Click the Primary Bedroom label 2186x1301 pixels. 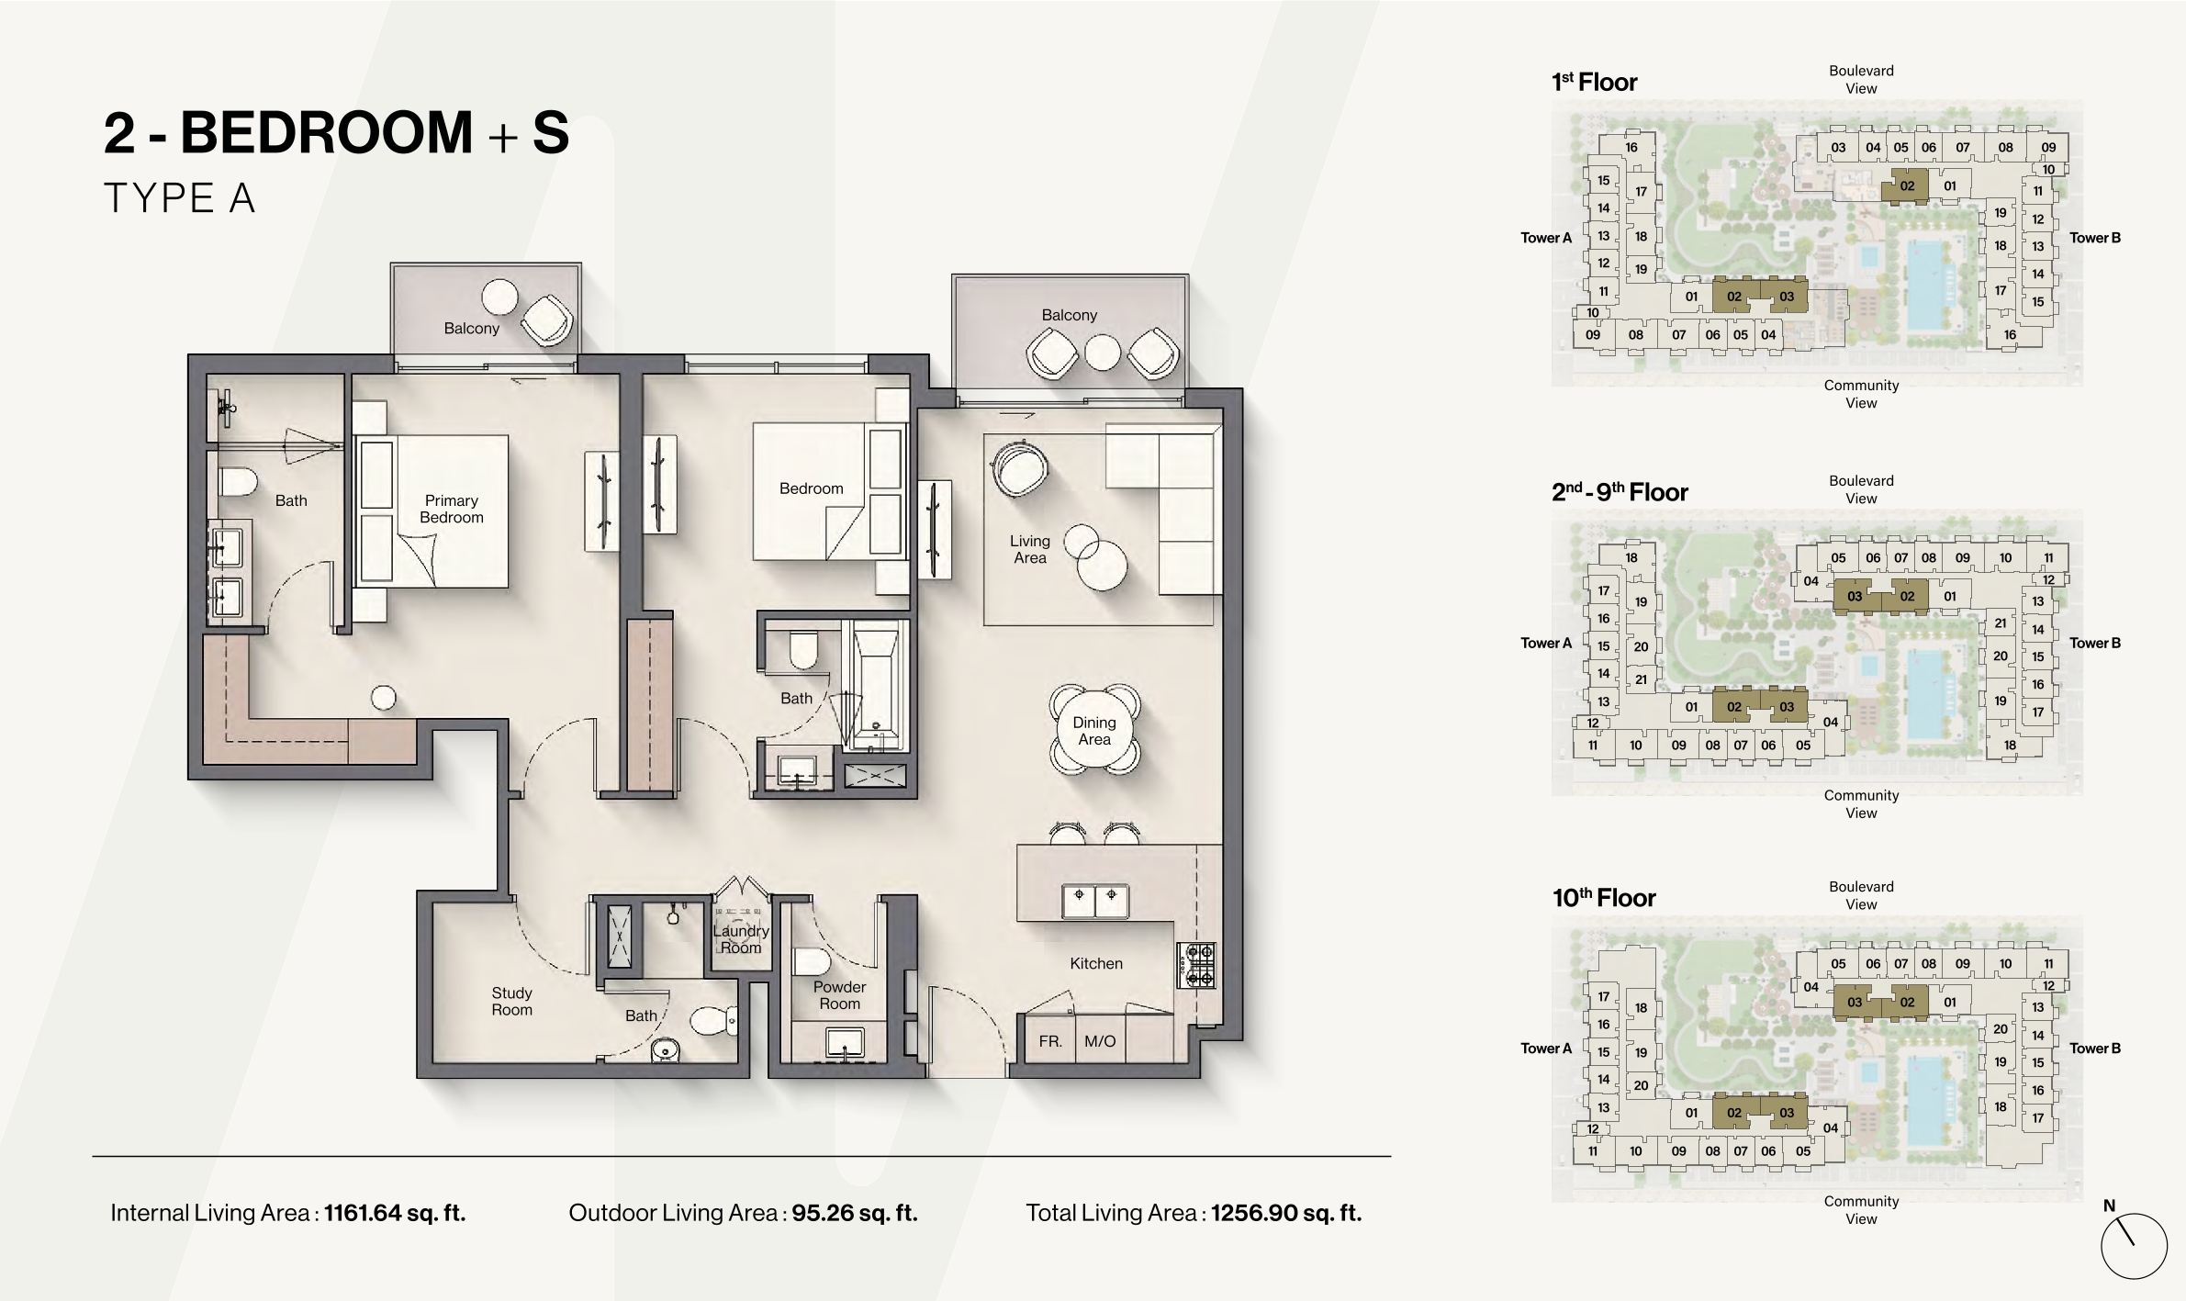coord(451,509)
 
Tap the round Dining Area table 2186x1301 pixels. coord(1094,731)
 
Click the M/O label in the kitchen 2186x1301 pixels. coord(1100,1041)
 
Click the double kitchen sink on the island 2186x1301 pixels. coord(1095,902)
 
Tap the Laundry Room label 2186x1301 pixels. coord(741,939)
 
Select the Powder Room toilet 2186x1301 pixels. coord(812,961)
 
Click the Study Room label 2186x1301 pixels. coord(511,1001)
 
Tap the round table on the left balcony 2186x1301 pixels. coord(499,297)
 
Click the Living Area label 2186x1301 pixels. coord(1029,549)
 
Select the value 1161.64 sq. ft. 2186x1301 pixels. coord(395,1213)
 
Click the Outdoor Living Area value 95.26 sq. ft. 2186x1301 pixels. coord(855,1213)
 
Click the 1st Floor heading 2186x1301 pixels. coord(1595,83)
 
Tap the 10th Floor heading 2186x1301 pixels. coord(1604,898)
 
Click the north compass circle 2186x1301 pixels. coord(2134,1246)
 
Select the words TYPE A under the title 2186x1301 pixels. coord(179,198)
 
